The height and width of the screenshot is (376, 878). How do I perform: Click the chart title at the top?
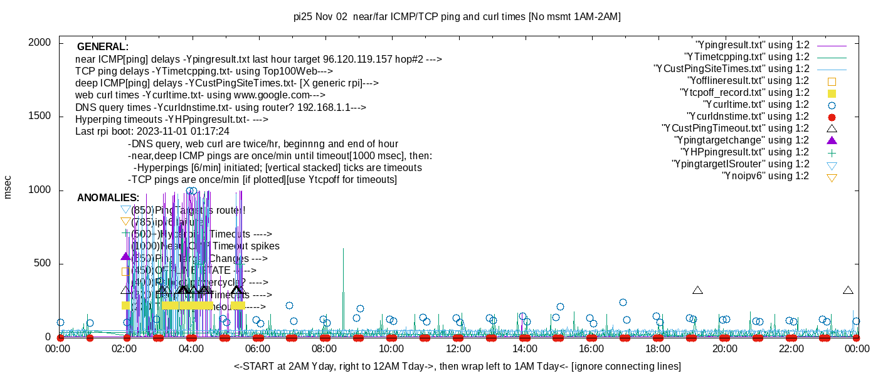point(457,17)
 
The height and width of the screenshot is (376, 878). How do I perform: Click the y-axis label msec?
point(8,187)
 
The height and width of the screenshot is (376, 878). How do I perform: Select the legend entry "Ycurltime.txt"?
point(756,105)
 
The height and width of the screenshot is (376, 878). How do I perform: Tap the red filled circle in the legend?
point(832,117)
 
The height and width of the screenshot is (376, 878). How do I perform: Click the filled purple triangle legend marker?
point(832,140)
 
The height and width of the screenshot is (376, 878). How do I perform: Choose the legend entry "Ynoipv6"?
point(765,176)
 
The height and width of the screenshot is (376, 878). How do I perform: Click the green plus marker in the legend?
point(832,152)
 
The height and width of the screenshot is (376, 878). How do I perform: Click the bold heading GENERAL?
point(103,47)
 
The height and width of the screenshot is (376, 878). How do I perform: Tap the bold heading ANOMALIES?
point(108,198)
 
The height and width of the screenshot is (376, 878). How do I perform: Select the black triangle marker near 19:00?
point(697,290)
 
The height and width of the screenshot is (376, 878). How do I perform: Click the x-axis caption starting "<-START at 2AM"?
point(457,366)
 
